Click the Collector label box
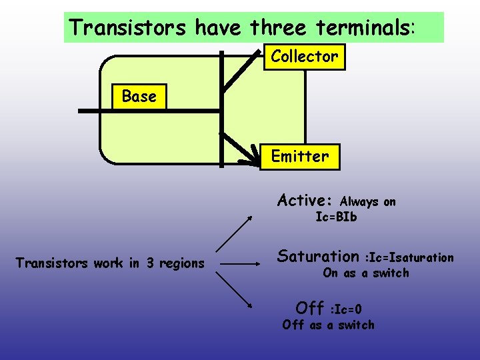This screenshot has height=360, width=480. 304,57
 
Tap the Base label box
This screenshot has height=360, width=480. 139,97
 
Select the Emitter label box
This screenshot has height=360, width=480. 299,157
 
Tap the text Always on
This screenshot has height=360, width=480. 367,201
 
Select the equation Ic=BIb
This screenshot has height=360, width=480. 336,217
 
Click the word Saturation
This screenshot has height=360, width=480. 318,256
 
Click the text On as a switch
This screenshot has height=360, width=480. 366,273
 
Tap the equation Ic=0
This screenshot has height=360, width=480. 346,309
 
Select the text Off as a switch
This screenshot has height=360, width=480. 329,325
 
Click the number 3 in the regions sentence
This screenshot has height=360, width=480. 150,263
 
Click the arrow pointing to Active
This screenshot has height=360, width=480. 235,233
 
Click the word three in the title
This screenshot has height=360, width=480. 279,27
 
